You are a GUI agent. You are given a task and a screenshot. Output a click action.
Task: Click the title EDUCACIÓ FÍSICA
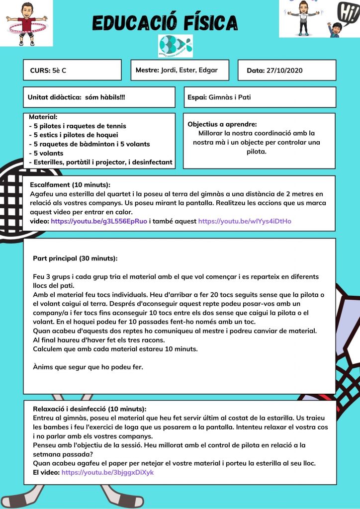point(165,22)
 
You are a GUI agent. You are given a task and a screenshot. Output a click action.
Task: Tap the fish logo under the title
point(175,46)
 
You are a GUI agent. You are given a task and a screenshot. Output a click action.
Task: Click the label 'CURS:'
point(40,71)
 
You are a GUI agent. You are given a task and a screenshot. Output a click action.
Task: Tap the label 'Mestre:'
point(147,70)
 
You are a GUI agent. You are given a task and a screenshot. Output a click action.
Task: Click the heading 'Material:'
point(43,117)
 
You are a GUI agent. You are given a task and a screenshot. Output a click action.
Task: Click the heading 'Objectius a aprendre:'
point(222,124)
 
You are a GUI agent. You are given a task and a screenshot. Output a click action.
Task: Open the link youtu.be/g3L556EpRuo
point(99,221)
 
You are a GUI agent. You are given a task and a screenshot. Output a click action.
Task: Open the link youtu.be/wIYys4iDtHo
point(245,221)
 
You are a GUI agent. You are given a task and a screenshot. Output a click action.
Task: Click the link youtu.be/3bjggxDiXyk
point(107,472)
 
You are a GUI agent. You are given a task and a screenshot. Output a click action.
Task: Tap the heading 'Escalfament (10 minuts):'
point(70,185)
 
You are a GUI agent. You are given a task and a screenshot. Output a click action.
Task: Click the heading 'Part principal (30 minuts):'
point(75,258)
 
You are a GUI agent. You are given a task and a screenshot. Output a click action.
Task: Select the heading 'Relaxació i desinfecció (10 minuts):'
point(90,409)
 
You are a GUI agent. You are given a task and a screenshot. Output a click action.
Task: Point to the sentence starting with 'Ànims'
point(88,367)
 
